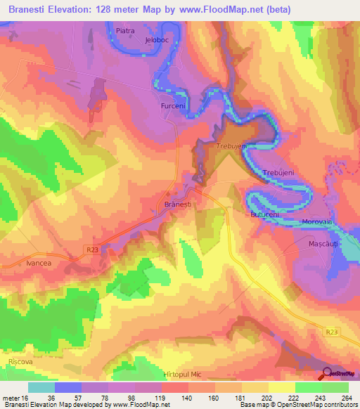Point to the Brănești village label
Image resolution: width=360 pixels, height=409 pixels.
click(178, 204)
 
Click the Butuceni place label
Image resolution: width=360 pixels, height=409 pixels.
click(264, 213)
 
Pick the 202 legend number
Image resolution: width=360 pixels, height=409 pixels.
click(267, 398)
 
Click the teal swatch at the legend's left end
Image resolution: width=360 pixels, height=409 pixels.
click(41, 387)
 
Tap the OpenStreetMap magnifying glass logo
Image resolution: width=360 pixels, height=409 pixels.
click(327, 373)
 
